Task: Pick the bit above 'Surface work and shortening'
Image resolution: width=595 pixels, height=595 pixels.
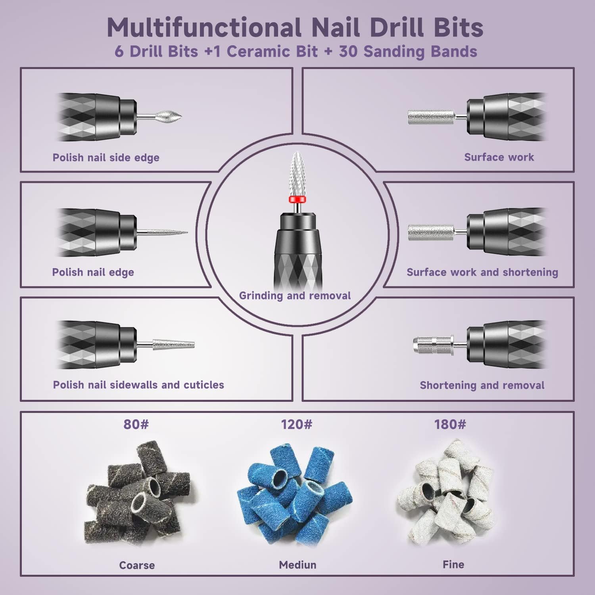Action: click(430, 232)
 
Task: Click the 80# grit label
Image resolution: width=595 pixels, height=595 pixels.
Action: click(136, 424)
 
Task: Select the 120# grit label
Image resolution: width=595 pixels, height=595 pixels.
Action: click(297, 424)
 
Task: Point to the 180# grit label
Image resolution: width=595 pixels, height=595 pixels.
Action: click(450, 424)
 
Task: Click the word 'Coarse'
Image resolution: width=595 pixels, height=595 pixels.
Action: click(137, 565)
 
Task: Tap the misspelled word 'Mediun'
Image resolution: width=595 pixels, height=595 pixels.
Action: click(297, 565)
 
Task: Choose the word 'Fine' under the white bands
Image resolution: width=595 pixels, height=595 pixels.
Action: click(453, 564)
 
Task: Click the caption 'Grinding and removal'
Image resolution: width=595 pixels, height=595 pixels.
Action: click(295, 296)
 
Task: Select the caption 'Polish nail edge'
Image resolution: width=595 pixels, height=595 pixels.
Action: click(93, 272)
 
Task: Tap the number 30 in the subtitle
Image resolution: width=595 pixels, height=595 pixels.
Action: click(349, 52)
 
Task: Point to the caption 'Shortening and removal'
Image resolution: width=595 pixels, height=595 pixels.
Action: click(482, 385)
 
